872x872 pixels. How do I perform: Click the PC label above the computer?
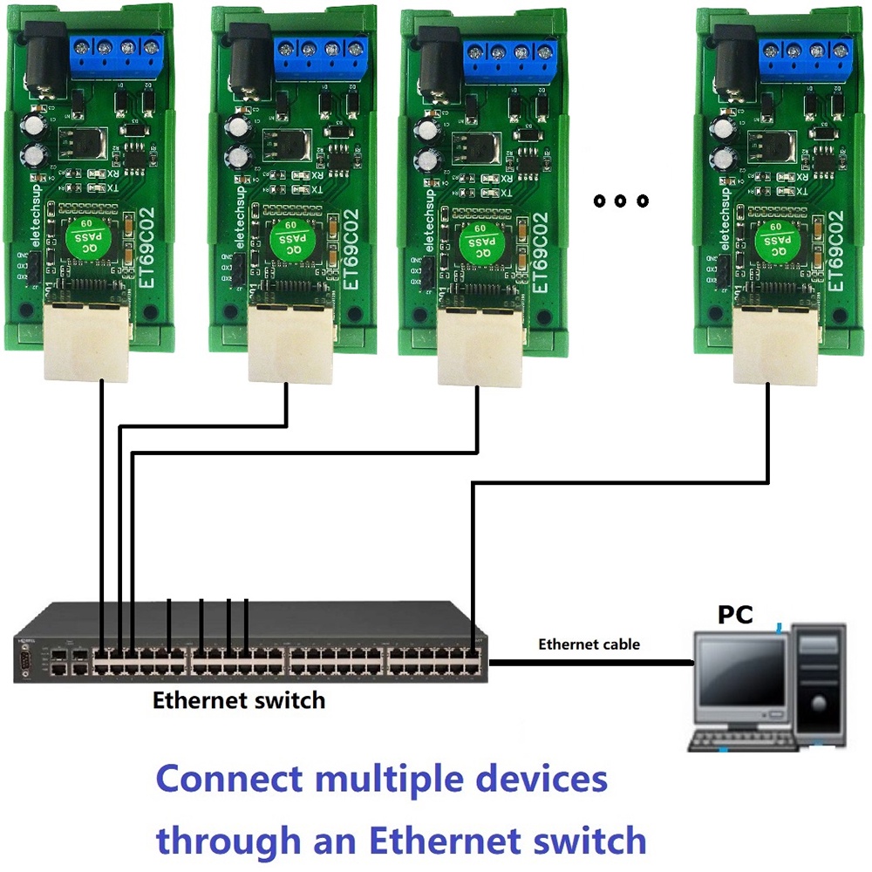click(x=735, y=614)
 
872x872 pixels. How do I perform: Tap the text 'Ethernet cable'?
click(x=589, y=644)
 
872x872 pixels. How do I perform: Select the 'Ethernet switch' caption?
click(x=238, y=699)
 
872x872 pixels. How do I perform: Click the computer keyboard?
click(x=743, y=740)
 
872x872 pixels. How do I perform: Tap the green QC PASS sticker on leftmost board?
click(x=85, y=234)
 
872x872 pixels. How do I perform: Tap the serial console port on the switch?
click(x=26, y=658)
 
